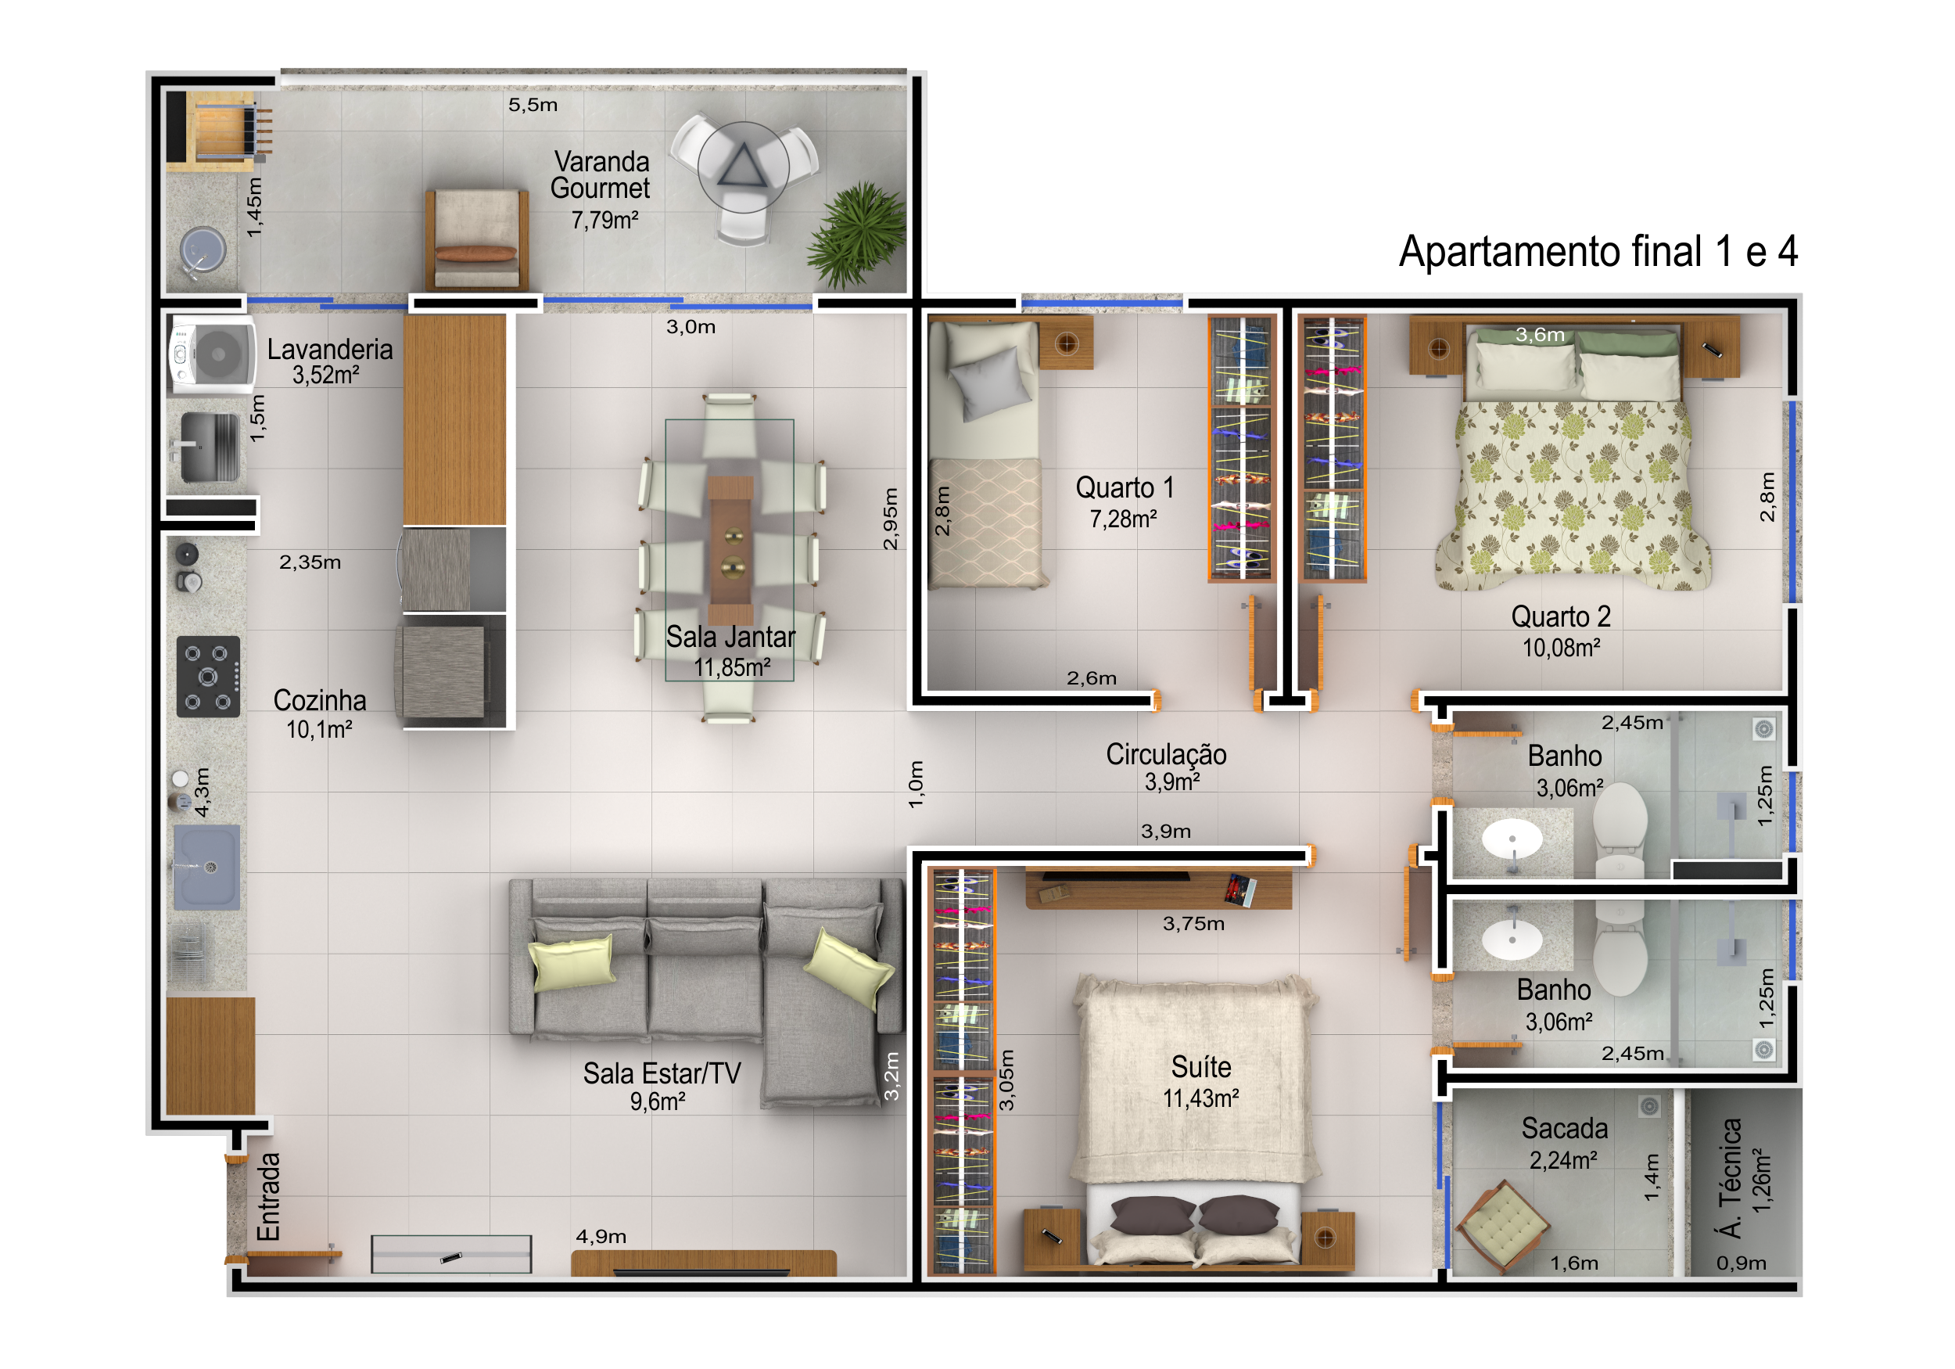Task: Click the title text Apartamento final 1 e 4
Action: tap(1598, 251)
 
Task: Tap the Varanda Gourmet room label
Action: tap(601, 174)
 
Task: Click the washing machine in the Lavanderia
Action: tap(212, 354)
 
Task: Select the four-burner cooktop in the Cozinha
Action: tap(208, 677)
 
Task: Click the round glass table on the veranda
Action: tap(744, 166)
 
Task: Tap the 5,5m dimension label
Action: tap(533, 105)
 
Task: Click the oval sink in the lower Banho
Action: tap(1512, 940)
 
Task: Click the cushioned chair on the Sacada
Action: tap(1502, 1225)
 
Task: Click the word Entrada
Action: tap(268, 1197)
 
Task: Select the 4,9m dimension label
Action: tap(601, 1236)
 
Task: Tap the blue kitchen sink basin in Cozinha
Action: tap(207, 866)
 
